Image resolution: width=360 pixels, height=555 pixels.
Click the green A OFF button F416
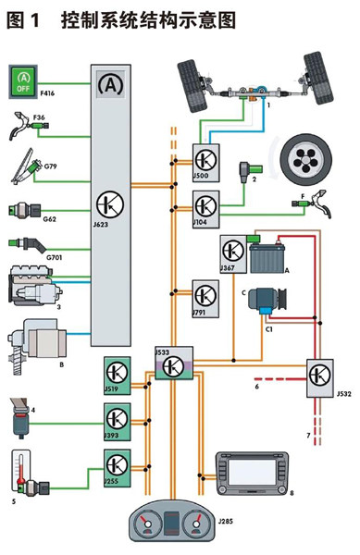point(23,81)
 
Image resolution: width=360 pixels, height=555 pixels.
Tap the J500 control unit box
point(205,163)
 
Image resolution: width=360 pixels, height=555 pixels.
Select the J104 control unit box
point(205,209)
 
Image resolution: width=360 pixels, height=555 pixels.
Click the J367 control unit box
point(233,254)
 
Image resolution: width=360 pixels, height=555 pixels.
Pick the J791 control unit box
point(205,299)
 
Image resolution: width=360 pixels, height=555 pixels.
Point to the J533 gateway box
point(174,363)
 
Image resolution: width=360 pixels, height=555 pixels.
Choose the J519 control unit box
point(118,376)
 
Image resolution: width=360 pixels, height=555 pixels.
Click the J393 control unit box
point(118,422)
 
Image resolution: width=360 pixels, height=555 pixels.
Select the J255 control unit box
point(118,468)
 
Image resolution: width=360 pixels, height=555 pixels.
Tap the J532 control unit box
point(319,378)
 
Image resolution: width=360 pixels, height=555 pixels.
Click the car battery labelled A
point(267,257)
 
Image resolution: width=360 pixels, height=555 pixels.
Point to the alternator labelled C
point(267,300)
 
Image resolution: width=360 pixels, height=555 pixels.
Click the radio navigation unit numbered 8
point(252,474)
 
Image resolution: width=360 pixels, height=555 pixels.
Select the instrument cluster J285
point(172,520)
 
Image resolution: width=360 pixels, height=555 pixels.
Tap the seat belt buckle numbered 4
point(20,418)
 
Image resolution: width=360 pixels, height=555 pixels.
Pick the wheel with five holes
point(306,159)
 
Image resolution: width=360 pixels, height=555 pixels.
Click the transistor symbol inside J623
point(110,204)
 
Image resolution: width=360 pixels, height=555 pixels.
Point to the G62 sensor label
point(50,219)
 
